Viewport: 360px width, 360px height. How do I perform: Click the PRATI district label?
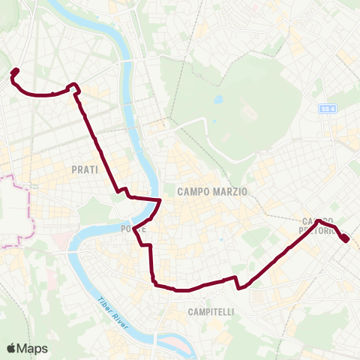coord(85,170)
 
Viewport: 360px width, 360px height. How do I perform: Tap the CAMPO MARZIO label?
coord(212,192)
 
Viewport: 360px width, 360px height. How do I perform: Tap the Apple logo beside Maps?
coord(12,348)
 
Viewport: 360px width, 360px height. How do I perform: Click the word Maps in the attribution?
coord(34,348)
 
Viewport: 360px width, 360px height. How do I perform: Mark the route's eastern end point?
coord(345,238)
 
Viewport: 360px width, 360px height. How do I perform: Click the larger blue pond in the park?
coord(217,99)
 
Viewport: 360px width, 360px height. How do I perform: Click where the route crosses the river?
coord(158,202)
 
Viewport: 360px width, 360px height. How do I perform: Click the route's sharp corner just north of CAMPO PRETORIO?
coord(318,221)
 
